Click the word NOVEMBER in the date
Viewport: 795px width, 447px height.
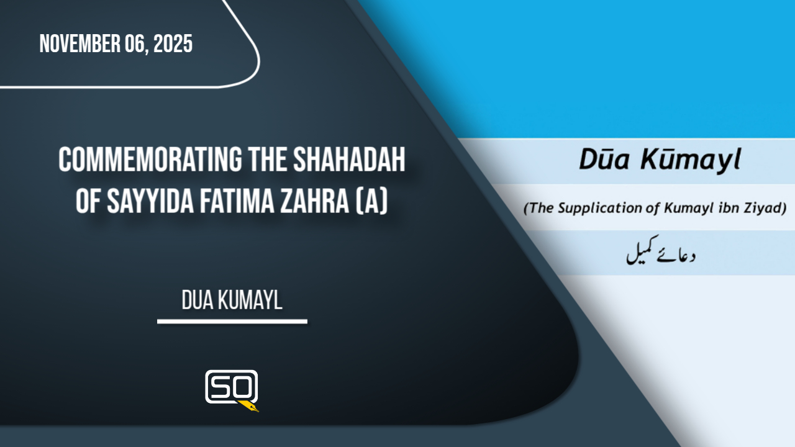80,43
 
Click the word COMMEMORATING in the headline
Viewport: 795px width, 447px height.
150,160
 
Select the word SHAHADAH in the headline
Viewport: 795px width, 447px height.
349,160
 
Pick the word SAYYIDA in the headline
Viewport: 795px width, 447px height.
150,201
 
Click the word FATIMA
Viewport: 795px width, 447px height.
237,201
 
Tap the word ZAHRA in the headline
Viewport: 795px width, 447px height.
314,201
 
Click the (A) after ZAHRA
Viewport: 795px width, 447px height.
371,202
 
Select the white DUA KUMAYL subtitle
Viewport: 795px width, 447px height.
232,300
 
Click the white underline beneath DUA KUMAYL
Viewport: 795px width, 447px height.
232,322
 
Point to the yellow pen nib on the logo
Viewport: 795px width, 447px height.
249,406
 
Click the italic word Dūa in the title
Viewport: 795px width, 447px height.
604,160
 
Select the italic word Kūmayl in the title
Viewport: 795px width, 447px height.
691,160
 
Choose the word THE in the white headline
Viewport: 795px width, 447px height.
268,160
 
